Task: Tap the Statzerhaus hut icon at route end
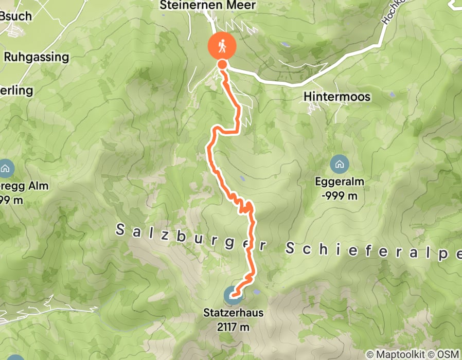click(x=232, y=296)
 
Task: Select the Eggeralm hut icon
click(x=339, y=165)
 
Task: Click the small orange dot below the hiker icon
click(x=222, y=64)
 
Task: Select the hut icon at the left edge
click(x=5, y=168)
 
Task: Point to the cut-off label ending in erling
click(x=16, y=91)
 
